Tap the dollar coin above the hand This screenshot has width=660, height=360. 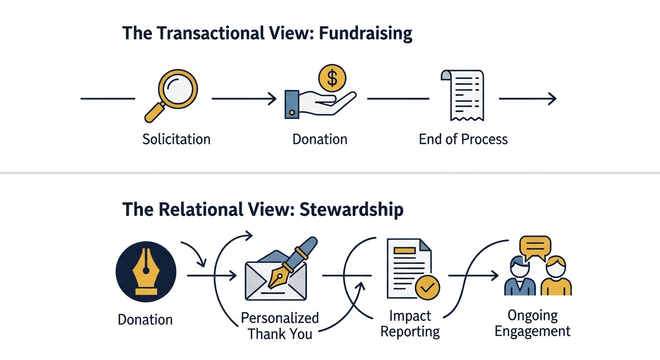pyautogui.click(x=332, y=78)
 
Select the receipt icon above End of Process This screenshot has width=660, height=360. pyautogui.click(x=462, y=97)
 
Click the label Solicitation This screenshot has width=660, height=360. pyautogui.click(x=176, y=139)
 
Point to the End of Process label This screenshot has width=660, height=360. pyautogui.click(x=463, y=139)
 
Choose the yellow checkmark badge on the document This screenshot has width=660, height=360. pyautogui.click(x=427, y=287)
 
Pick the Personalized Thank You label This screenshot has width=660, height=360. pyautogui.click(x=280, y=326)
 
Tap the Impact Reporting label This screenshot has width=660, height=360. pyautogui.click(x=410, y=323)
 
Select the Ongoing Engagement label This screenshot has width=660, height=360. pyautogui.click(x=532, y=323)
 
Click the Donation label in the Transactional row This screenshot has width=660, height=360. pyautogui.click(x=320, y=139)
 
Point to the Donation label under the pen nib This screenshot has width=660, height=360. pyautogui.click(x=145, y=320)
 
